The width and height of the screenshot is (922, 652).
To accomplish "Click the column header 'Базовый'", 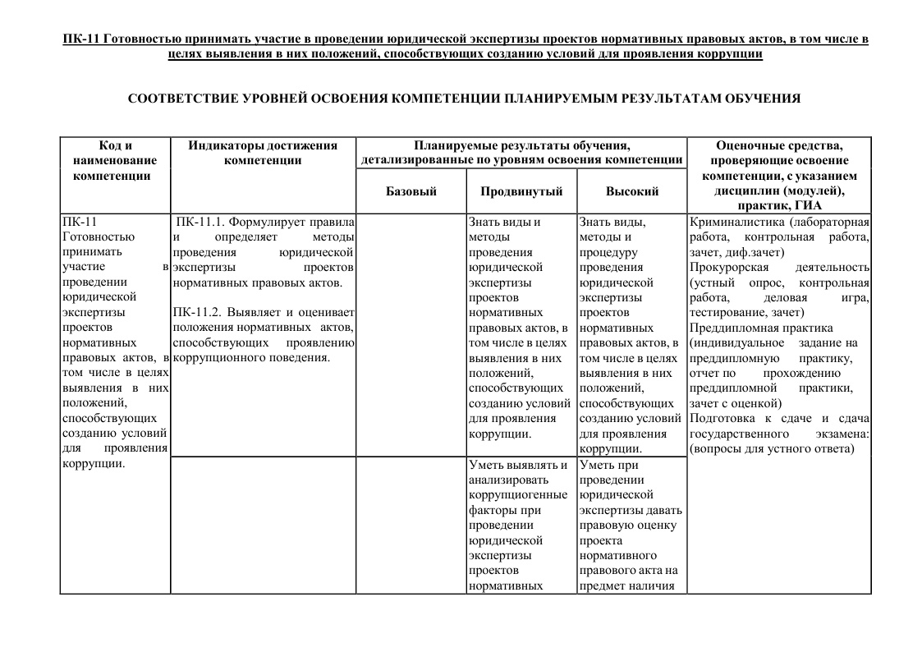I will pos(411,191).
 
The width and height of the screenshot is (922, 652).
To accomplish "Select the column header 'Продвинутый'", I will pos(521,191).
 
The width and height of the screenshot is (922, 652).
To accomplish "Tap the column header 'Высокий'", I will pos(632,191).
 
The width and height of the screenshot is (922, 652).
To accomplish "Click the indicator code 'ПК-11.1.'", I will pos(198,222).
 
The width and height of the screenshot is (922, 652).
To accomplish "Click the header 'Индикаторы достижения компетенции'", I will pos(263,153).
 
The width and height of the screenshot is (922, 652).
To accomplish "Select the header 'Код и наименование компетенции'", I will pos(115,160).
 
